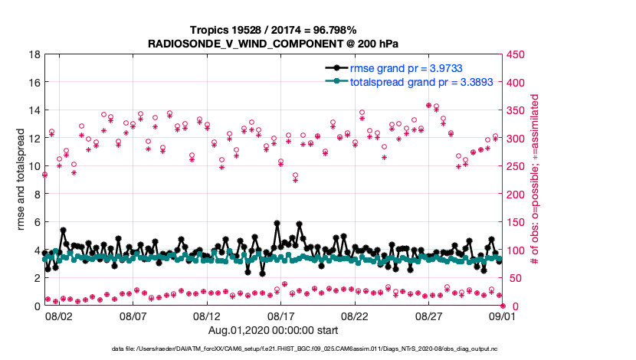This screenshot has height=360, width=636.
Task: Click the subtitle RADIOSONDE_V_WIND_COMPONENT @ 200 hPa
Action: pyautogui.click(x=273, y=44)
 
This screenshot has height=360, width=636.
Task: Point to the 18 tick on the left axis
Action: pyautogui.click(x=35, y=54)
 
